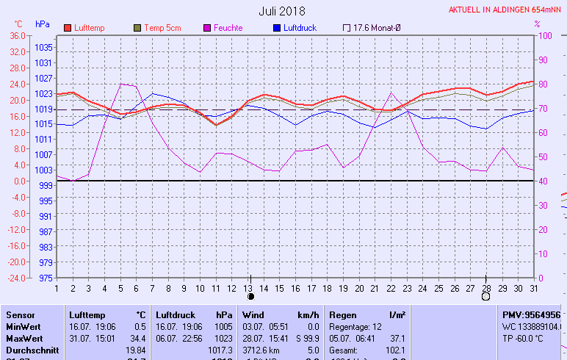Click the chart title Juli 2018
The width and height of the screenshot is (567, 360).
coord(282,11)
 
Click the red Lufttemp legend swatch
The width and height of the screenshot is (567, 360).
coord(68,28)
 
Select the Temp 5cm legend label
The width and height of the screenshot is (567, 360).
coord(162,28)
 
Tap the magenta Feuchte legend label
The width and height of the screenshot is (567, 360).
coord(228,28)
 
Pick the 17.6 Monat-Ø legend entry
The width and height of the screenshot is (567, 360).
coord(372,28)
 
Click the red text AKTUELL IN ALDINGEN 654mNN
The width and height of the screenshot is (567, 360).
coord(506,11)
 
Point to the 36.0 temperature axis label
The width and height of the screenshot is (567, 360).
coord(18,36)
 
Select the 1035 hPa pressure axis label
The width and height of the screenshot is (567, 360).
coord(43,47)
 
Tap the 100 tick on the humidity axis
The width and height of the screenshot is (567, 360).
coord(546,36)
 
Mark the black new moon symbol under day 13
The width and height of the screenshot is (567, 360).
coord(250,297)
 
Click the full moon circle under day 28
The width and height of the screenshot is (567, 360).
coord(485,297)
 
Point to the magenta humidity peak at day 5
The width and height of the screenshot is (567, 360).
coord(121,84)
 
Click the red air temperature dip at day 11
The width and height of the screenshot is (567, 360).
coord(216,125)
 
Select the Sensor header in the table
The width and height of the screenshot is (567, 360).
coord(19,314)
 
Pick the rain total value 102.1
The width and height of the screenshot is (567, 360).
coord(396,350)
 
